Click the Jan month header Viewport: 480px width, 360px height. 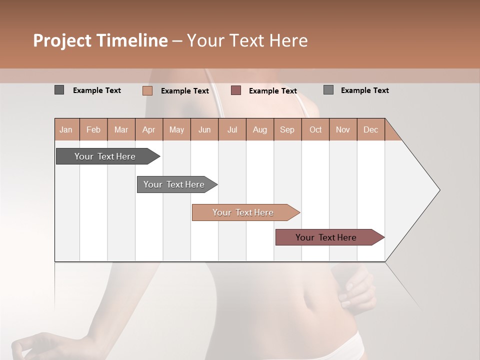[x=66, y=129]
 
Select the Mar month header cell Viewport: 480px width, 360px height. [x=121, y=129]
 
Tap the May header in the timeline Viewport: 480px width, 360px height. [x=176, y=129]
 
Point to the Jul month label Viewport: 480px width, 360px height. [x=232, y=129]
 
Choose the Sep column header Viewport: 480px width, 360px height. [x=287, y=129]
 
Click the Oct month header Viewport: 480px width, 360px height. [x=315, y=129]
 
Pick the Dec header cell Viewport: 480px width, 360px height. [x=370, y=129]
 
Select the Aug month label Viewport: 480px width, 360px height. [x=259, y=129]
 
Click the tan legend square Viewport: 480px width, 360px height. [x=147, y=90]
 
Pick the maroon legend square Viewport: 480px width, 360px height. [x=236, y=90]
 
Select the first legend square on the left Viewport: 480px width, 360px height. [x=59, y=90]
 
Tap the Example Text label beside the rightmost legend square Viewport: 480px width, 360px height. [x=364, y=90]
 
